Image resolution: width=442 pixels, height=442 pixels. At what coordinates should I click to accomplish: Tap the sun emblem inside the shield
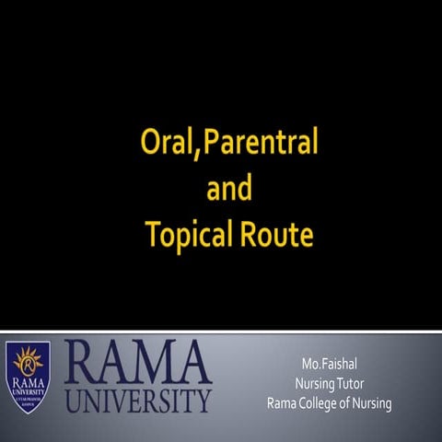coord(27,362)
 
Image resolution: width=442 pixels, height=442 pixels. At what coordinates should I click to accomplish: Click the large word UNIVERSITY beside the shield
coord(138,401)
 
